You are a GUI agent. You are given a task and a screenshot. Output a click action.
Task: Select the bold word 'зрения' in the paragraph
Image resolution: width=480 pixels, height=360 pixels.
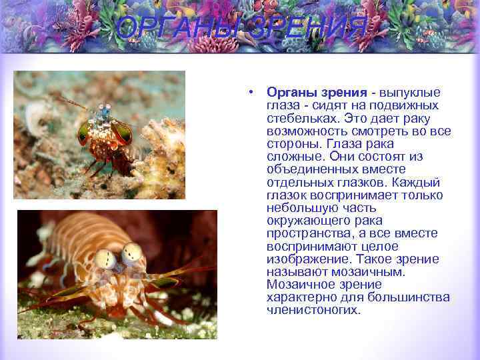pos(341,93)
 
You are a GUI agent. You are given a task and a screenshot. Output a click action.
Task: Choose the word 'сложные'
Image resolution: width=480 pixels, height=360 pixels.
pos(294,156)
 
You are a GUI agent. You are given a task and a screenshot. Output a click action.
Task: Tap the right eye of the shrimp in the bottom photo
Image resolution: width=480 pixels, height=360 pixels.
pos(133,253)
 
